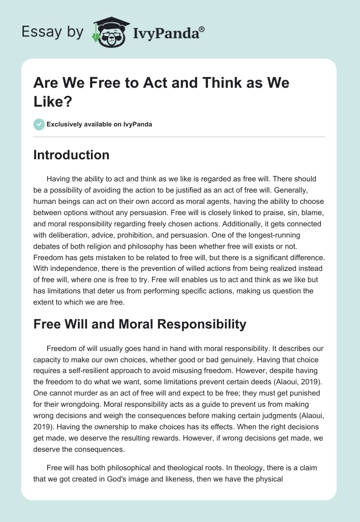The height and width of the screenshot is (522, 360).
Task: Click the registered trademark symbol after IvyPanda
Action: coord(202,28)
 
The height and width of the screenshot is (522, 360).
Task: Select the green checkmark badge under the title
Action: coord(39,124)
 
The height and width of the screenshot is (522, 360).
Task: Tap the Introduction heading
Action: coord(71,155)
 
